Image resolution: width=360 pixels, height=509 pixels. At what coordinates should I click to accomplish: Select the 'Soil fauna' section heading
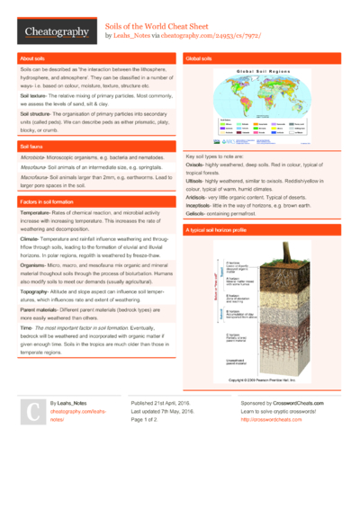point(31,146)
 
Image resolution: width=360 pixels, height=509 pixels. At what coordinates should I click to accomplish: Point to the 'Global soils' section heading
point(201,58)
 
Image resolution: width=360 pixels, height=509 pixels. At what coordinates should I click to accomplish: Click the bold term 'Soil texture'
point(32,94)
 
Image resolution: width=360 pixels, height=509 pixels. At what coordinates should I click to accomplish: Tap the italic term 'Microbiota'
point(33,156)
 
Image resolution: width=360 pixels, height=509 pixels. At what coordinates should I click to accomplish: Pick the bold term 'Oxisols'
point(196,165)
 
